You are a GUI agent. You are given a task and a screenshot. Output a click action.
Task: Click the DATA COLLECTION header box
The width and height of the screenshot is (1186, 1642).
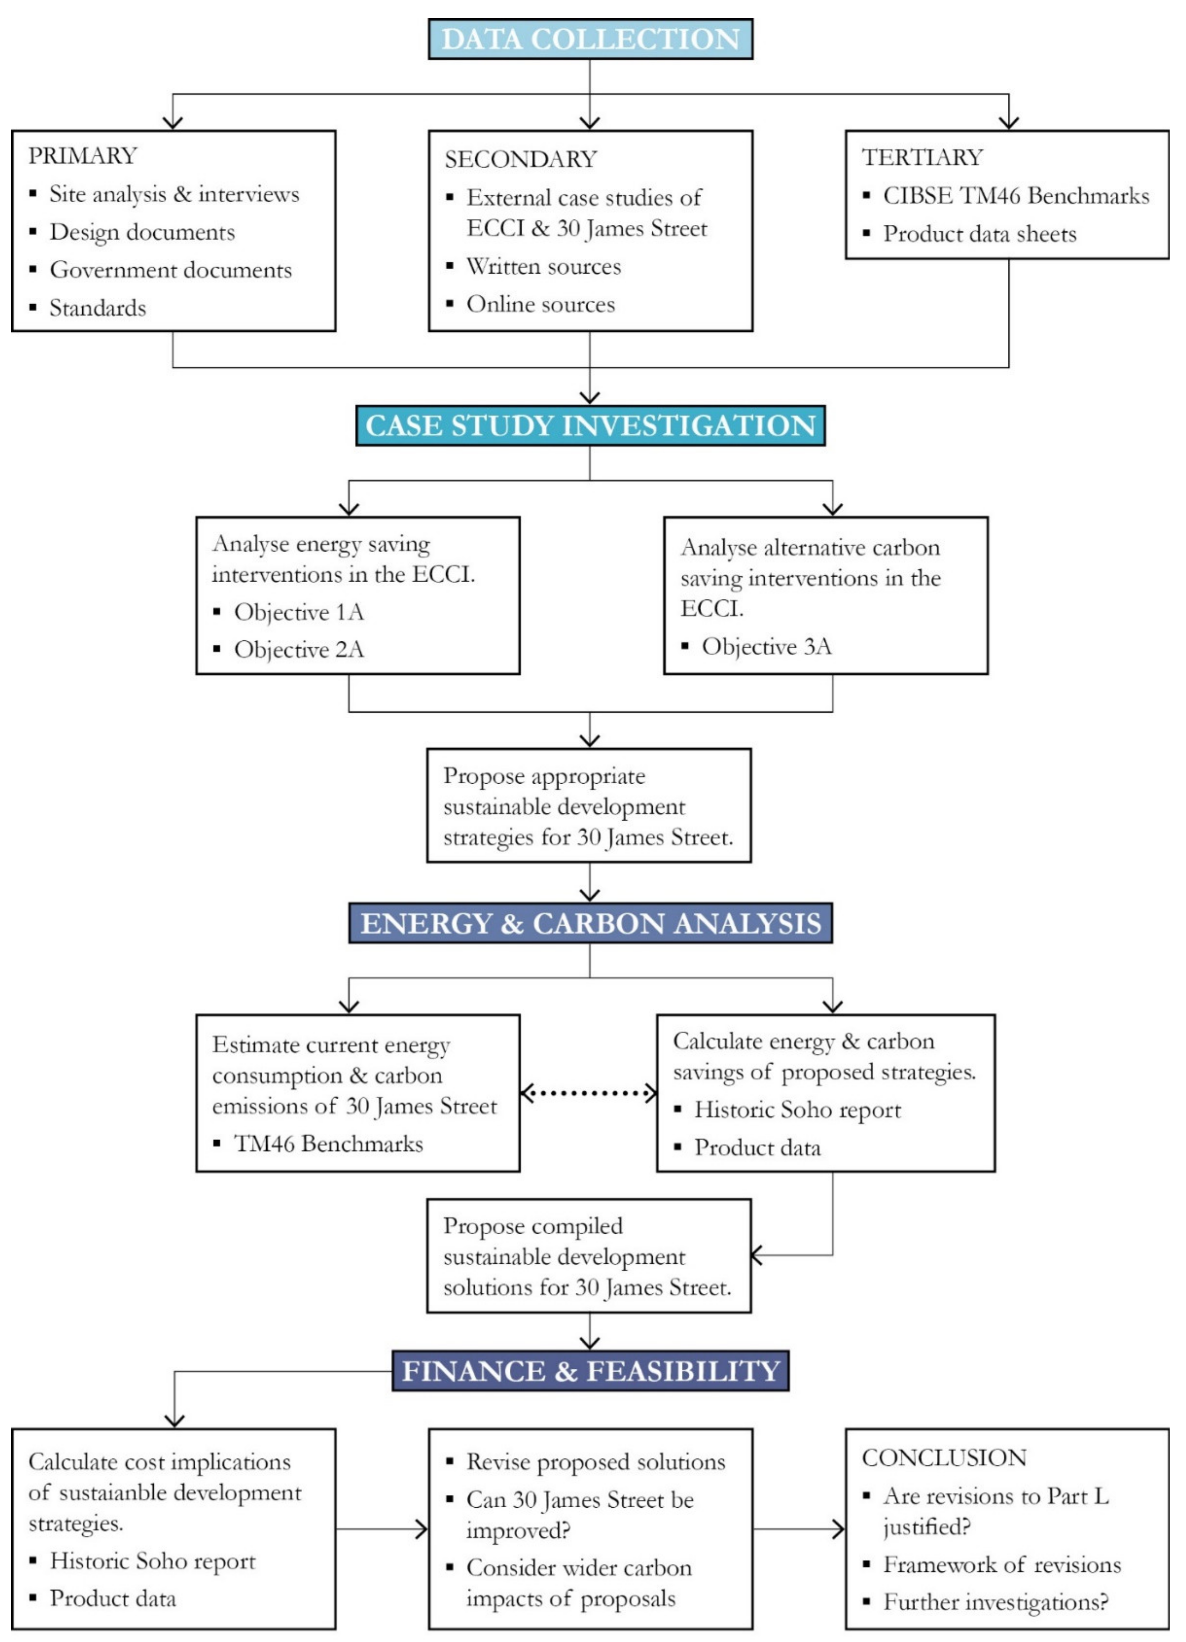coord(590,39)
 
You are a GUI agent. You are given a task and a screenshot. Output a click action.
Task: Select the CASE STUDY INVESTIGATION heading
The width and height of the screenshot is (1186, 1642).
coord(590,426)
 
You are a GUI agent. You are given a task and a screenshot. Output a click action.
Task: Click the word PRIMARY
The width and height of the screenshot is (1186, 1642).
coord(83,156)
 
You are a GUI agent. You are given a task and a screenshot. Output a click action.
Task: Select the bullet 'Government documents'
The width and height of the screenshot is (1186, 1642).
coord(170,270)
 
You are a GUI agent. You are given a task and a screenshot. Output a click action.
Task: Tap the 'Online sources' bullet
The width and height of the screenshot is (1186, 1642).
coord(540,304)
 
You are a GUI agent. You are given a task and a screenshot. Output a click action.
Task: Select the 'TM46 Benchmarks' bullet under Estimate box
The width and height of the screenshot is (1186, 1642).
coord(328,1144)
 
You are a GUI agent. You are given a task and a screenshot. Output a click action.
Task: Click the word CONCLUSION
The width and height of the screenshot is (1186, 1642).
coord(944,1457)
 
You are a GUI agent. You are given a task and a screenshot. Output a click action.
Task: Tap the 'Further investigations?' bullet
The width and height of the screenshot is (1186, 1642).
coord(995,1602)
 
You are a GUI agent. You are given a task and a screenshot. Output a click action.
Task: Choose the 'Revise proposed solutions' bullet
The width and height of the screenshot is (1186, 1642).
coord(595,1462)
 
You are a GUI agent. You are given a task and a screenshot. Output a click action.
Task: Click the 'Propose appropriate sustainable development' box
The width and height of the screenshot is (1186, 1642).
coord(589,806)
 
